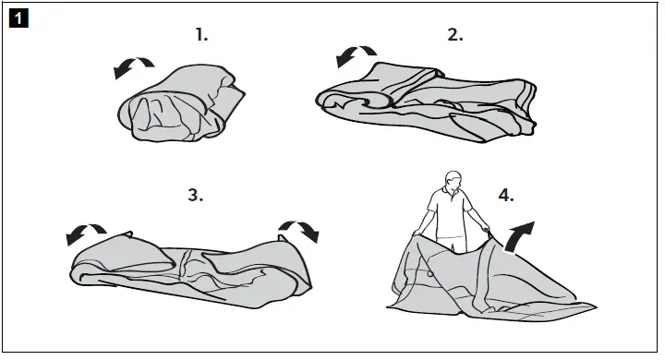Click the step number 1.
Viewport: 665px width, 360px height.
coord(202,35)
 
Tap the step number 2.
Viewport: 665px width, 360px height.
coord(454,35)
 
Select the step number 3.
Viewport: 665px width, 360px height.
coord(195,195)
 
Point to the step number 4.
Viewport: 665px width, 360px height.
coord(506,195)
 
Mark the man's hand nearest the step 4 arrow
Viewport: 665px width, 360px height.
coord(485,228)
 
